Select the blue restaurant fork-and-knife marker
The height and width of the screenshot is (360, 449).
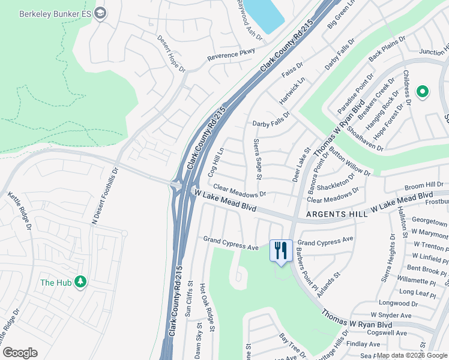pyautogui.click(x=281, y=251)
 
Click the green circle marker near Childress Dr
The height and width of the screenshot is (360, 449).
pyautogui.click(x=423, y=92)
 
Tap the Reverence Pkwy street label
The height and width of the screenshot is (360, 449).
pyautogui.click(x=231, y=56)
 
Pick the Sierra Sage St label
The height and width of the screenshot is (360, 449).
pyautogui.click(x=258, y=158)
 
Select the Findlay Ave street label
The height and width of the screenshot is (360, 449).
pyautogui.click(x=367, y=344)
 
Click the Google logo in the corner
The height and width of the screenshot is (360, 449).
pyautogui.click(x=20, y=353)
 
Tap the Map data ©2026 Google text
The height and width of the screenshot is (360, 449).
pyautogui.click(x=411, y=355)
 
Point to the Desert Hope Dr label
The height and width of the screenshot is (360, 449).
pyautogui.click(x=171, y=53)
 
